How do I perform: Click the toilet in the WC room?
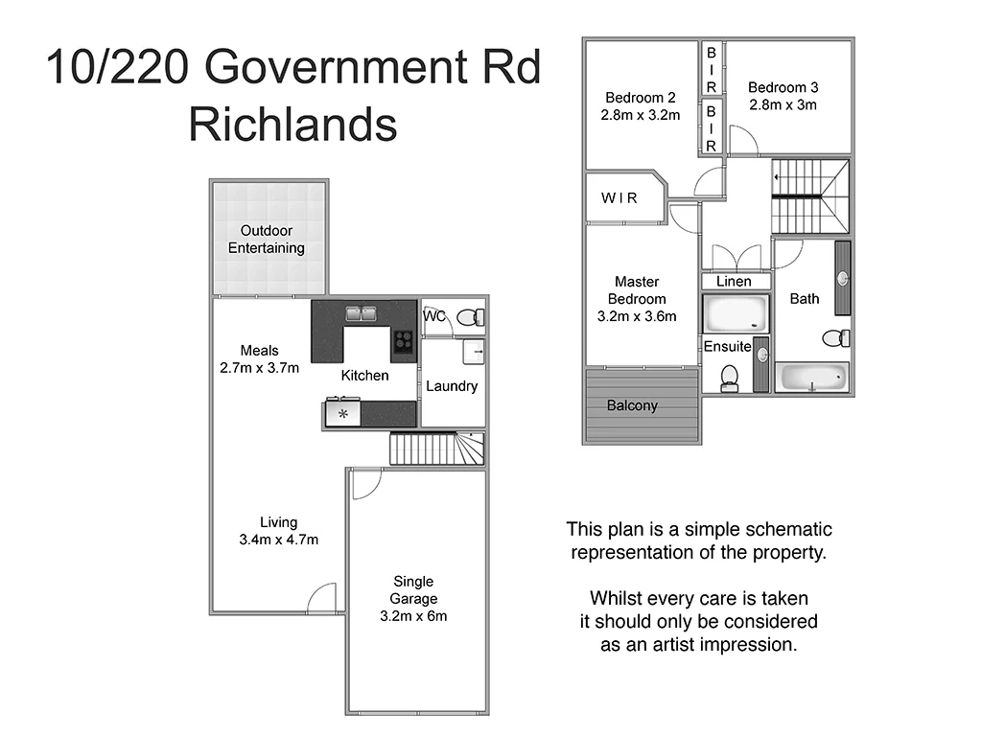pyautogui.click(x=470, y=317)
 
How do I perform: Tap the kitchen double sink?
pyautogui.click(x=361, y=313)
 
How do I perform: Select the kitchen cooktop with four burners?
pyautogui.click(x=403, y=340)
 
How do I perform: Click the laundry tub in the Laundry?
pyautogui.click(x=474, y=352)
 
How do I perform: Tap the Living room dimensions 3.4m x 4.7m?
pyautogui.click(x=278, y=540)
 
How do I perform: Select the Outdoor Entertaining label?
pyautogui.click(x=266, y=240)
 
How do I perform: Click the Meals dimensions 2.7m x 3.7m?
pyautogui.click(x=259, y=367)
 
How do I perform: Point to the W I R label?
pyautogui.click(x=620, y=198)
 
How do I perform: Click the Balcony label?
pyautogui.click(x=632, y=405)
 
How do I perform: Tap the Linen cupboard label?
pyautogui.click(x=734, y=282)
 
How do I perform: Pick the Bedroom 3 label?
pyautogui.click(x=783, y=87)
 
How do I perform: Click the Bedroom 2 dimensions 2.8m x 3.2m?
pyautogui.click(x=641, y=115)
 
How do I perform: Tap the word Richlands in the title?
pyautogui.click(x=292, y=125)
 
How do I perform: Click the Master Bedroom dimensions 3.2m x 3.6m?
pyautogui.click(x=637, y=316)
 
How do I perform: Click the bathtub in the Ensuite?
pyautogui.click(x=736, y=312)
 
